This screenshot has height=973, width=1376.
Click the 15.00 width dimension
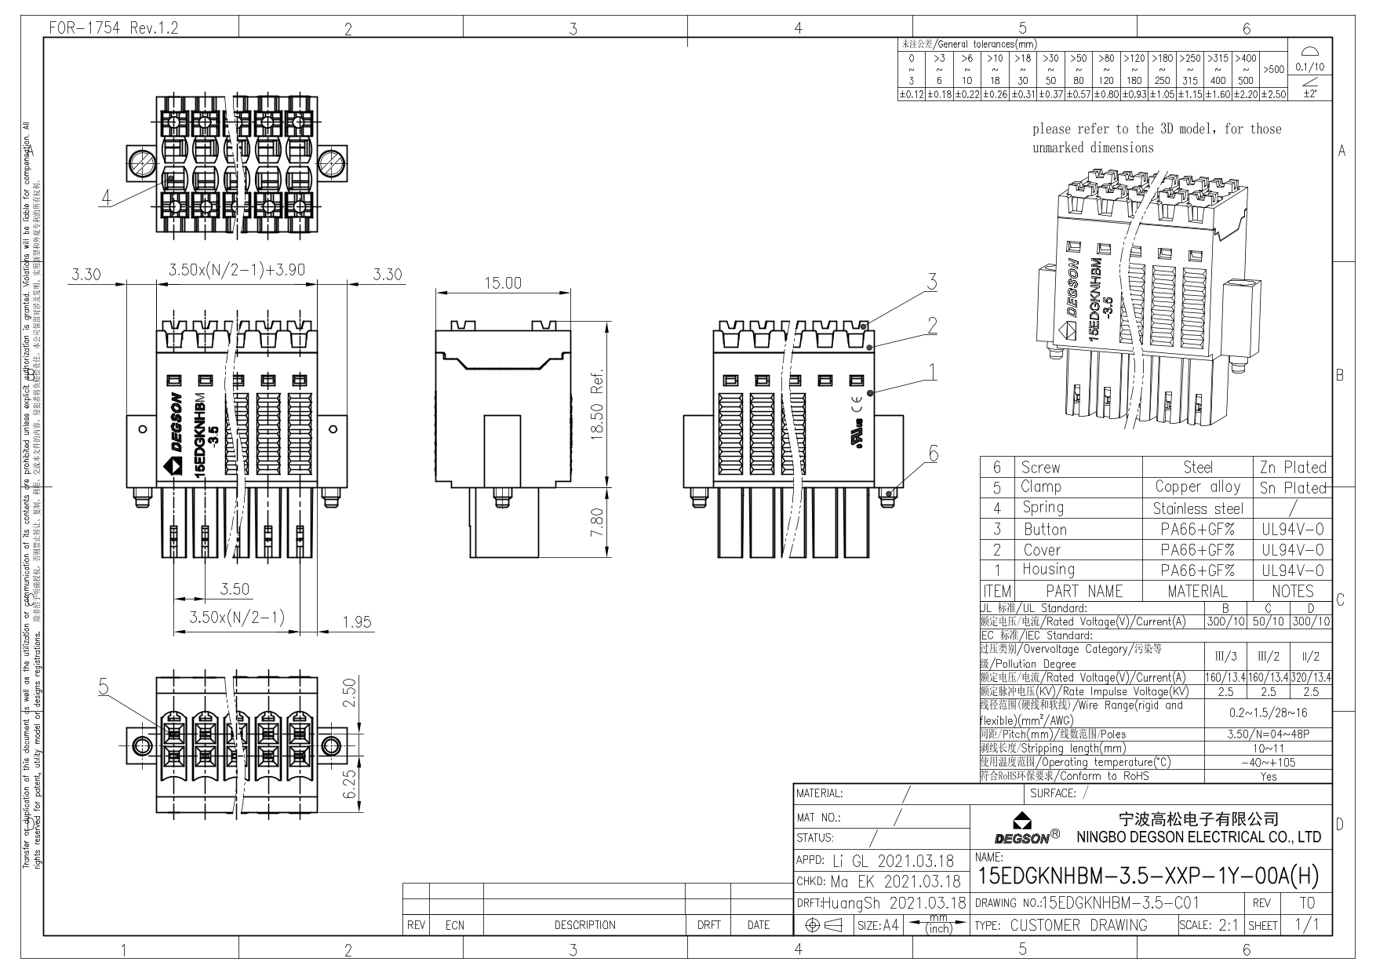[502, 282]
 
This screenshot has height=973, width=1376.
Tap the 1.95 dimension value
[357, 621]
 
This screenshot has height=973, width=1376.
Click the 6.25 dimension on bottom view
[351, 784]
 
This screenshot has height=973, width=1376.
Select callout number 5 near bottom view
[104, 687]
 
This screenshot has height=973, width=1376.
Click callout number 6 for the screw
[933, 454]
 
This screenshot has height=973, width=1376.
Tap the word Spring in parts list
[1043, 508]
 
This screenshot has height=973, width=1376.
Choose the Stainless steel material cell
[1197, 508]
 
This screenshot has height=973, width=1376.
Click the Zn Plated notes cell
[1292, 467]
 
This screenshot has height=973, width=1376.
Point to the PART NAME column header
[1084, 591]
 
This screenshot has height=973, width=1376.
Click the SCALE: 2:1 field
[1209, 925]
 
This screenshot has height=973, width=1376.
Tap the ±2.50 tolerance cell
[1274, 94]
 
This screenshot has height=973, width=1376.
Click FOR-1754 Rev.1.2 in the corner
[113, 28]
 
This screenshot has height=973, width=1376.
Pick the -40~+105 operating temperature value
[1268, 762]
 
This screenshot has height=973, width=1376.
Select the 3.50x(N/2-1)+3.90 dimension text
[237, 269]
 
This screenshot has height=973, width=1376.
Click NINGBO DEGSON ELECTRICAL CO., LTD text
[1198, 836]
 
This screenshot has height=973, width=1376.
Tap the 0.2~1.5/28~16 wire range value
[1268, 712]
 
